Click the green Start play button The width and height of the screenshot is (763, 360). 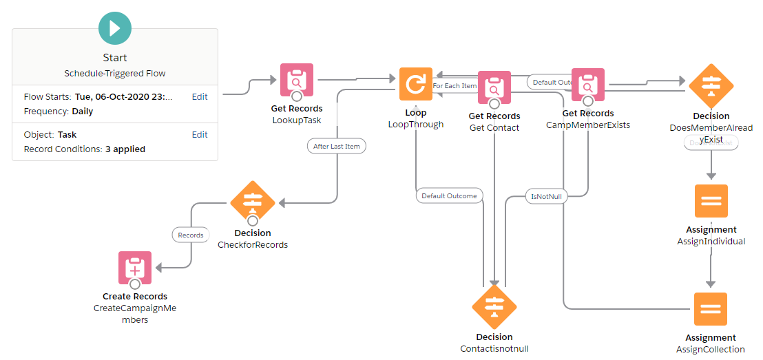click(x=115, y=28)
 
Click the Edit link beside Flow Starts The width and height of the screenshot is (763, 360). click(x=200, y=97)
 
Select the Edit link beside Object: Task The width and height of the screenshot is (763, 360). click(x=200, y=135)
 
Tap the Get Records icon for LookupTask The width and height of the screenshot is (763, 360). click(x=297, y=81)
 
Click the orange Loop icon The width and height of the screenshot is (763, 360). click(x=416, y=84)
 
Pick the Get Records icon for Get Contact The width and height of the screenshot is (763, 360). click(x=494, y=87)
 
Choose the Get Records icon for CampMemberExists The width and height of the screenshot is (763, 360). click(x=588, y=85)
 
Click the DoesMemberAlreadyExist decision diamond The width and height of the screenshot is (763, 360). click(x=711, y=86)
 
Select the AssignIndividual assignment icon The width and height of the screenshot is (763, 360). click(x=711, y=201)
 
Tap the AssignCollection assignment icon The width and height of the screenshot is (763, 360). click(x=711, y=309)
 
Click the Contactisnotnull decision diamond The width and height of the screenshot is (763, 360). click(x=494, y=307)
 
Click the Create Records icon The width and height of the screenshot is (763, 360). click(x=135, y=268)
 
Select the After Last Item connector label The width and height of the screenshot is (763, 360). click(x=336, y=146)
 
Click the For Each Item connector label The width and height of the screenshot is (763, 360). click(x=454, y=86)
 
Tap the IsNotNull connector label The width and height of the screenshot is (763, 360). click(x=547, y=196)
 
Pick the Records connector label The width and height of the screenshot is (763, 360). click(x=191, y=235)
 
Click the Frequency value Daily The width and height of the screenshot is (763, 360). click(x=82, y=112)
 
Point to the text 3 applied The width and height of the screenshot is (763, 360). click(x=125, y=149)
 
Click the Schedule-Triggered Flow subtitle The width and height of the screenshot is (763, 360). click(x=115, y=73)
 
